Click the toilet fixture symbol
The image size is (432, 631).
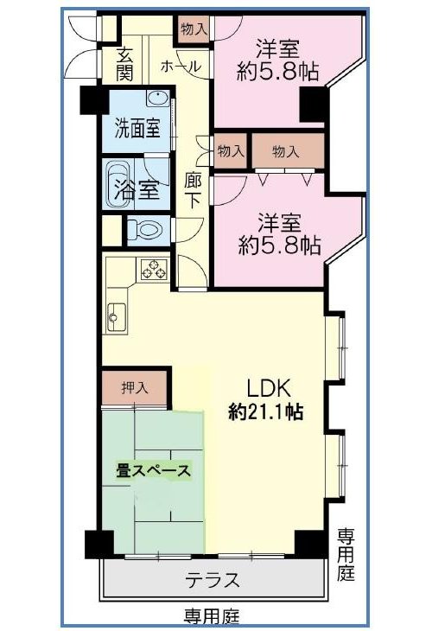click(147, 230)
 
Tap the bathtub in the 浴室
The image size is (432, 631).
click(118, 183)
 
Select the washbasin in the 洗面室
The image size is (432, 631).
click(158, 99)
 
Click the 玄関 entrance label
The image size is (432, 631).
click(124, 64)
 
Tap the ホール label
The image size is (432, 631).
click(181, 67)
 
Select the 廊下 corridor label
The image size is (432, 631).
click(193, 191)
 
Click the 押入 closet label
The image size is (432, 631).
click(135, 388)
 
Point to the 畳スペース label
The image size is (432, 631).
click(153, 471)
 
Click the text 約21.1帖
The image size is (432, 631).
click(266, 411)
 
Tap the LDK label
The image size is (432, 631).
click(269, 388)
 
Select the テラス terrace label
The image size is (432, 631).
click(213, 580)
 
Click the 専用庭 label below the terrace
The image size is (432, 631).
click(212, 615)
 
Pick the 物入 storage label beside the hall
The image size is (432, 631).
click(194, 29)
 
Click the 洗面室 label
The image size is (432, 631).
click(137, 128)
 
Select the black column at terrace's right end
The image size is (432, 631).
click(310, 544)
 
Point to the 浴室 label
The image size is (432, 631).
click(137, 189)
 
